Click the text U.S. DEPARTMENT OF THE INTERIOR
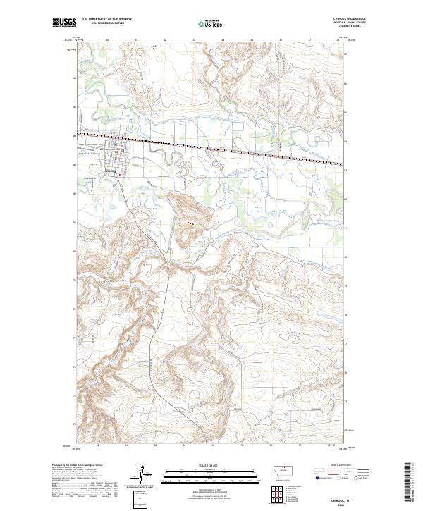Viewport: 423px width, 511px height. click(106, 20)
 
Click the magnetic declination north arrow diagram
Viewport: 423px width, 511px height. click(140, 475)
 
